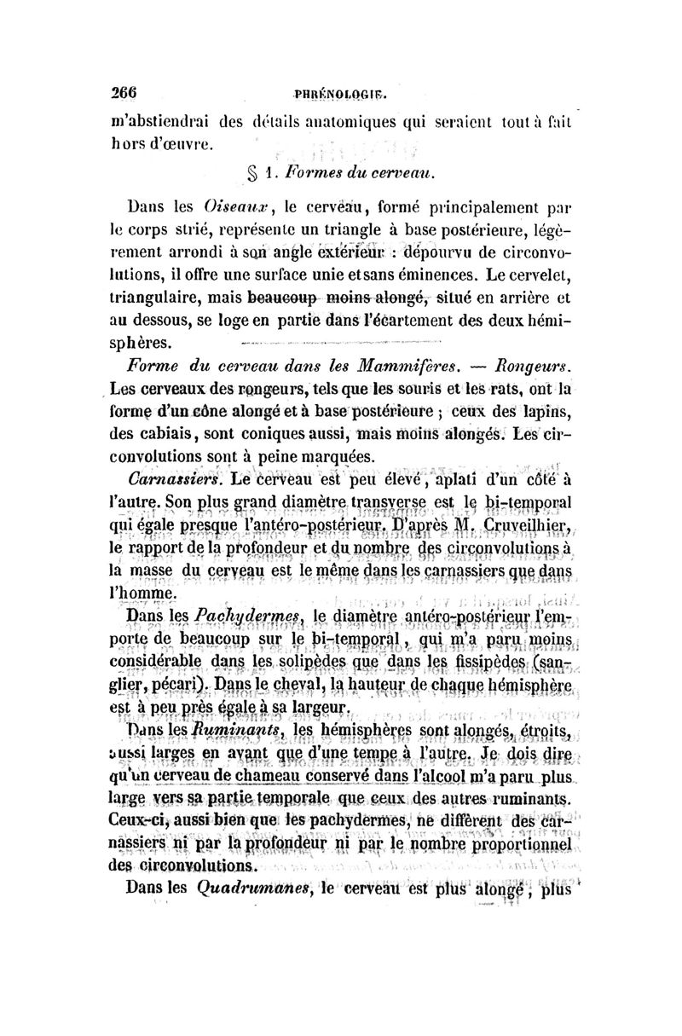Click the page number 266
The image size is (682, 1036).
tap(137, 95)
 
